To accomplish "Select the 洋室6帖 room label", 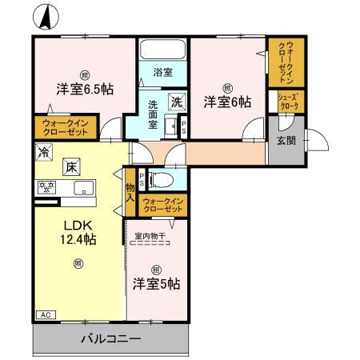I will coord(226,102).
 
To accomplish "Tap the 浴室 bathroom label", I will coord(163,71).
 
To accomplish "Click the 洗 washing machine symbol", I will coord(176,102).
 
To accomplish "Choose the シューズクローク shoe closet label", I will coord(288,101).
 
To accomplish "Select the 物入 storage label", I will coord(130,192).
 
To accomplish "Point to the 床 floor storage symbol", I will coord(70,167).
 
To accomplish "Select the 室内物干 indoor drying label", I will coord(150,236).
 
